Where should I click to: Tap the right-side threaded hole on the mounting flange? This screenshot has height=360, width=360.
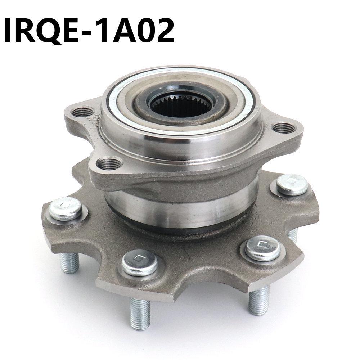284,127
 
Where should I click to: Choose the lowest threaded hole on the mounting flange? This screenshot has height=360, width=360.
109,164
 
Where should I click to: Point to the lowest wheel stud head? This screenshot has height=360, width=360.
140,262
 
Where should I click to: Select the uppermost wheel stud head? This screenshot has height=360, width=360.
292,184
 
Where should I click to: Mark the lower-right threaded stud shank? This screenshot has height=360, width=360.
259,301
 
